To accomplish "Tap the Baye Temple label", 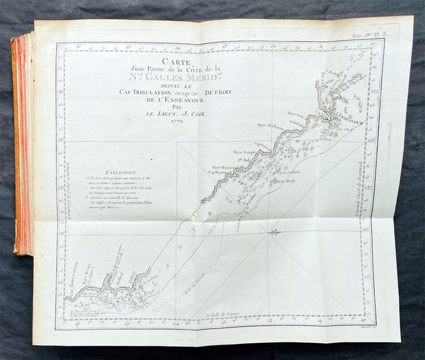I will [x=243, y=152].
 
